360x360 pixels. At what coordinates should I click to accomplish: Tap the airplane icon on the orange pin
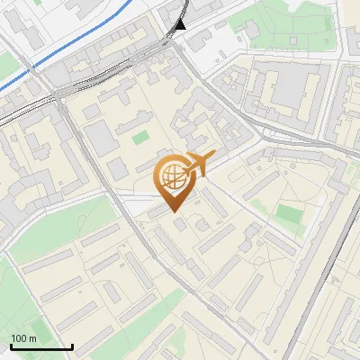point(199,163)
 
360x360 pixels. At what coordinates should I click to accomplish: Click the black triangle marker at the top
point(181,23)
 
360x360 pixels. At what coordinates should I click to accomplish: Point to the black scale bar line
point(40,347)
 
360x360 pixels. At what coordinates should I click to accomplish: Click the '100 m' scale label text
point(23,338)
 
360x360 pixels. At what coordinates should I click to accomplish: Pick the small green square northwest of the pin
point(139,138)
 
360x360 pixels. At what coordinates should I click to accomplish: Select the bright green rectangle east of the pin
point(289,214)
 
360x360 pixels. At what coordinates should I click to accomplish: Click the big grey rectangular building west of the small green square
point(100,139)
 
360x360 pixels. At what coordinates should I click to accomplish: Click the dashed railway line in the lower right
point(310,288)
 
